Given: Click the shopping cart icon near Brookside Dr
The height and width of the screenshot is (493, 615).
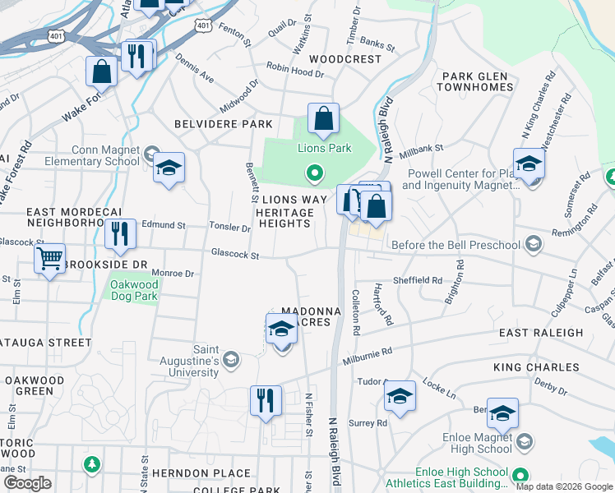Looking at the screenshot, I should coord(50,260).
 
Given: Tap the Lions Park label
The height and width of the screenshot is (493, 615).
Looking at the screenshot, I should coord(324,149).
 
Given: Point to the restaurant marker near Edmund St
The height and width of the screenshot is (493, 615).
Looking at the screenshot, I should coord(120,233).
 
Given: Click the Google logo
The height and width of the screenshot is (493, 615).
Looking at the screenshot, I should coord(28,483).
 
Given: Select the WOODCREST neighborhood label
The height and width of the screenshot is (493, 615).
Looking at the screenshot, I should coord(345,59).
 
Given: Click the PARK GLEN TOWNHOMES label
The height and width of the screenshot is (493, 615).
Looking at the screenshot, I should coord(476,81).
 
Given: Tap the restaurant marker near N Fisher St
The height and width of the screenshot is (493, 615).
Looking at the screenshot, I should coord(266,400).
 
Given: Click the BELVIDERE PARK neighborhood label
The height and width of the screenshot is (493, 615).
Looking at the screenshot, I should coord(223,124).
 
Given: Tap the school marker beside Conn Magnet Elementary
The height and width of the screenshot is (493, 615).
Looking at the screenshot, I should coord(169,168).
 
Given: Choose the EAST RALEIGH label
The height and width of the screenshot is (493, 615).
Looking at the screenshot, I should coord(541,333).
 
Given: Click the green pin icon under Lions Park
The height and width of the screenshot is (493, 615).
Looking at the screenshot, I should coord(313,173).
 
